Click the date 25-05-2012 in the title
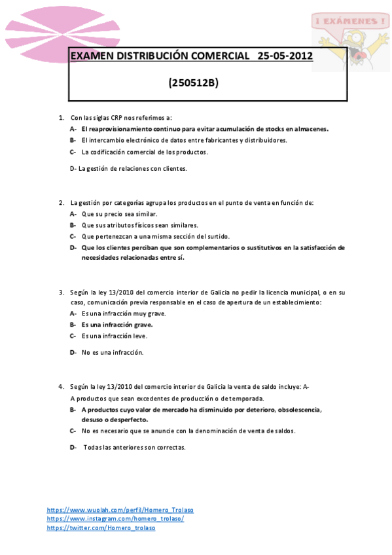click(x=285, y=56)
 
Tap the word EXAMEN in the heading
click(x=92, y=56)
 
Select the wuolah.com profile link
click(x=120, y=509)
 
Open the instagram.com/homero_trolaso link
click(x=115, y=518)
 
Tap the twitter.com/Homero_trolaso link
click(x=101, y=528)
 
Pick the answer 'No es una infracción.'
click(x=112, y=352)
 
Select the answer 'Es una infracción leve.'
click(x=114, y=336)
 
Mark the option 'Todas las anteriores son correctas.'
click(x=134, y=447)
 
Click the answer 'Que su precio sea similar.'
click(x=119, y=214)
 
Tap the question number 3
click(x=61, y=292)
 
